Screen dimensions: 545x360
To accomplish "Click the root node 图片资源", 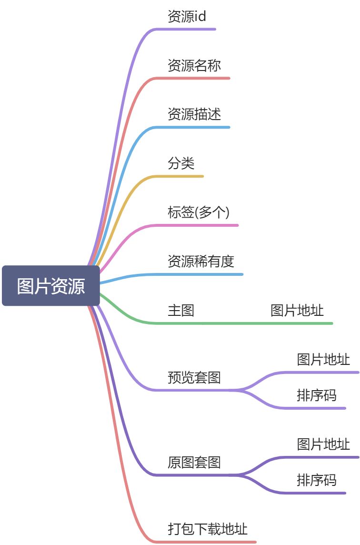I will click(51, 286).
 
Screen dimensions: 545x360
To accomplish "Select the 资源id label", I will click(187, 17).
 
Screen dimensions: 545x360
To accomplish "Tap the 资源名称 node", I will click(194, 66).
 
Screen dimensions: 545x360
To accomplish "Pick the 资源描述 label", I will click(194, 115).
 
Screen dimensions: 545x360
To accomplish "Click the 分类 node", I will click(181, 164).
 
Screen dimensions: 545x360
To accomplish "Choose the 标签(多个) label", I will click(198, 213).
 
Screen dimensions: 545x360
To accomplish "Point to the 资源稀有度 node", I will click(200, 262).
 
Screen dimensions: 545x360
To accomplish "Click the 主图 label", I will click(181, 311).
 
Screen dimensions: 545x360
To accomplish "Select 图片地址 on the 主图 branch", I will click(297, 311).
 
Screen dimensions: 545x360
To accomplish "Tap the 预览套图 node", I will click(194, 378).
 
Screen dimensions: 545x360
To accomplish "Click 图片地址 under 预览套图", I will click(323, 360).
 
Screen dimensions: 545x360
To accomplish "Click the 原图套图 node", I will click(194, 463).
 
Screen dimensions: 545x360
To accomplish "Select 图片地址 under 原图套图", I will click(323, 444).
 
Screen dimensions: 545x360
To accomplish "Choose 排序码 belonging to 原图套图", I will click(316, 480).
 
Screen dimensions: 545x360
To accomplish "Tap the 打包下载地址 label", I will click(207, 529).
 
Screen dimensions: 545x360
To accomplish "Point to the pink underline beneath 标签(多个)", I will click(200, 225).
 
